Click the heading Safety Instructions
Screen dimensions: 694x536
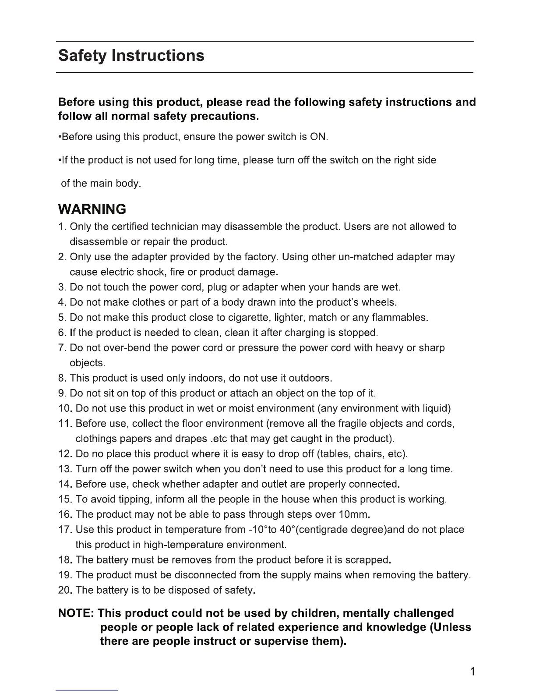(x=131, y=56)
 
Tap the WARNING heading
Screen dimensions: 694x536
(x=92, y=209)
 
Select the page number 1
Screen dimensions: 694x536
(x=472, y=672)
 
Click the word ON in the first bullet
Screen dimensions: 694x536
(x=318, y=137)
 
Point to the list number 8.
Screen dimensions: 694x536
(x=61, y=378)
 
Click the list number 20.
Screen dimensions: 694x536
(x=65, y=590)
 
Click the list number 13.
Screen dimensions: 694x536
(x=65, y=469)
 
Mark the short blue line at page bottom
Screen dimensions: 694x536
(x=87, y=690)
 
